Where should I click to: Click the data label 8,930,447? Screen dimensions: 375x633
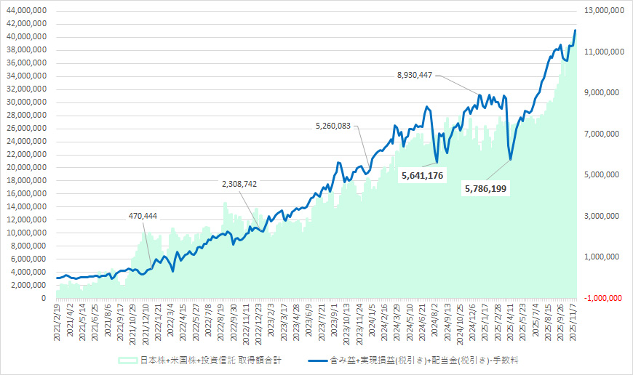[415, 74]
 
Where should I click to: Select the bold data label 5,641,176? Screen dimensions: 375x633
[423, 175]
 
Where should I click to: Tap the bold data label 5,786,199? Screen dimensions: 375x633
[485, 188]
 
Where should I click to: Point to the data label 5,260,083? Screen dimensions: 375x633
[333, 125]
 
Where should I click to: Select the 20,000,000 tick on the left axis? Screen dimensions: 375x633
[26, 168]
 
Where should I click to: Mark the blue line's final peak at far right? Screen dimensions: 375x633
[576, 31]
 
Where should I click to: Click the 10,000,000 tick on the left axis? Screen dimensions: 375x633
[26, 233]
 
